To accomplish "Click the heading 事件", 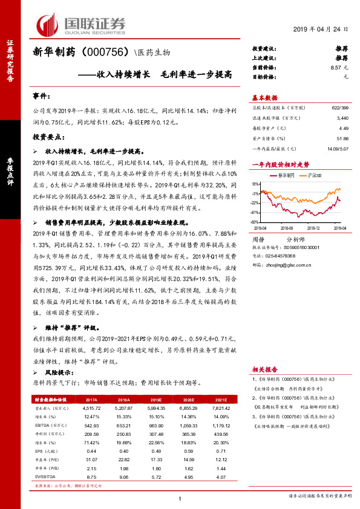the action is tap(41, 96).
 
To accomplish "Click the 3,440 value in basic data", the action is tap(342, 119).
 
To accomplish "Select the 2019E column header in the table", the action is tap(155, 400).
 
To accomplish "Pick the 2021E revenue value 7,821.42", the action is tap(221, 408).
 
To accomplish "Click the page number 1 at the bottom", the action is tap(180, 499).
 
